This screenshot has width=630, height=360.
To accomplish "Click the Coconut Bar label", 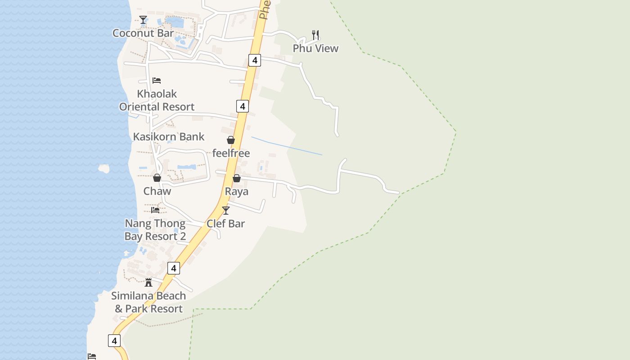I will tap(143, 33).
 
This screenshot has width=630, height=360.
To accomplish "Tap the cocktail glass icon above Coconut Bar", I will tap(143, 20).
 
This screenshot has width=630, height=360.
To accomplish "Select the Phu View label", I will tap(315, 49).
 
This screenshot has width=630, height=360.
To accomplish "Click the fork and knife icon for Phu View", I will tap(315, 35).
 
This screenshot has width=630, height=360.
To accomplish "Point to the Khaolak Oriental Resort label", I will tap(157, 100).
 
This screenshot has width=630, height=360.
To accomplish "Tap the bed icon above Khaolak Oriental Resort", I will tap(157, 81).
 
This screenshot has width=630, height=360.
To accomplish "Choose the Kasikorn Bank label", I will tap(169, 137).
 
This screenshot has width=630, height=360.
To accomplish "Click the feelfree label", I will tap(231, 153).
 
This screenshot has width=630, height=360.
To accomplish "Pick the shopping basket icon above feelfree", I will tap(231, 140).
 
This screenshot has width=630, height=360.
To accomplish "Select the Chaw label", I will tap(157, 191).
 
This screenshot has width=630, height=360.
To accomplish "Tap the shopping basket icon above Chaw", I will tap(157, 178).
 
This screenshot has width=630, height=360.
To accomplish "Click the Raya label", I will tap(237, 192).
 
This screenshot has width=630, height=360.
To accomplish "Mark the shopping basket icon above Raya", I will tap(237, 178).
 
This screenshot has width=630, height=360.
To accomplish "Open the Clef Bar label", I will tap(226, 224).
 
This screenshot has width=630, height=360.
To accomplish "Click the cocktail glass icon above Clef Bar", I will tap(226, 210).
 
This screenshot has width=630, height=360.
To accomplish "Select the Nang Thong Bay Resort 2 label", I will tap(155, 230).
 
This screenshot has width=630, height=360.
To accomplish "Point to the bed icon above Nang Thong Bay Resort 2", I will tap(155, 210).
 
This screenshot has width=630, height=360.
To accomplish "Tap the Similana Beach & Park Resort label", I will tap(148, 302).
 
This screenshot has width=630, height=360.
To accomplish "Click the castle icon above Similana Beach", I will tap(148, 283).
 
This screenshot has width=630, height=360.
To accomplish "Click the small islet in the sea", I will tap(104, 169).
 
